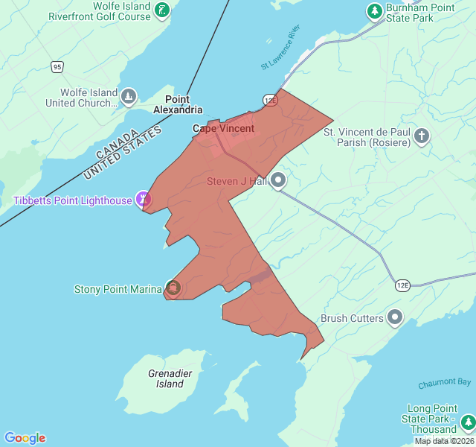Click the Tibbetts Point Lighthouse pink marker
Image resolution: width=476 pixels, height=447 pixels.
point(144,199)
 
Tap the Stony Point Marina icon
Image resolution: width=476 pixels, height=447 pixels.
point(173,288)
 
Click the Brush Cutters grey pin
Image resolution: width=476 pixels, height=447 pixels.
point(395,318)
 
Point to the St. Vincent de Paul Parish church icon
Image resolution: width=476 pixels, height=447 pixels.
point(422,136)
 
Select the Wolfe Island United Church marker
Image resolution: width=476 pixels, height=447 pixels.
point(129,97)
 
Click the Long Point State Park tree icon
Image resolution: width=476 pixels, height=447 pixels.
point(468,424)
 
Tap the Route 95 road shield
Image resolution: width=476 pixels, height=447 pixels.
point(57,67)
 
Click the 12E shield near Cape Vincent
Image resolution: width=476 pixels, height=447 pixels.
point(270,100)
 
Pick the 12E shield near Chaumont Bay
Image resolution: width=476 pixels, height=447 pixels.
point(402,285)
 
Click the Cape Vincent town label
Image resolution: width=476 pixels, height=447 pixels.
point(223,128)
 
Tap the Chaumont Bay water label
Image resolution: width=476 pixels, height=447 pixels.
point(444,383)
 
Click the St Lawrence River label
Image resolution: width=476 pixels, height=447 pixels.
point(280,47)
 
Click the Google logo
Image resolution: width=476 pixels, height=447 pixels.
point(25,438)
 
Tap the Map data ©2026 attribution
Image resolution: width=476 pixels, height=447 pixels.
point(444,441)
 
